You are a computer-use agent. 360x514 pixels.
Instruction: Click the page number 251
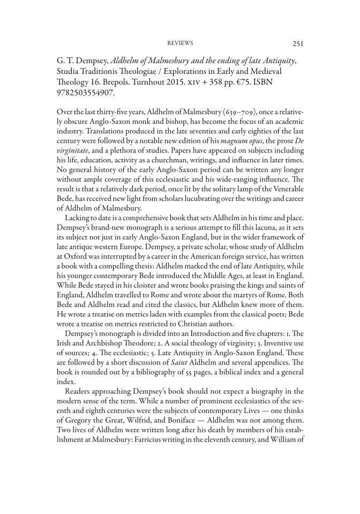297,43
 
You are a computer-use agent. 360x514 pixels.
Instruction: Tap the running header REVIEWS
180,43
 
